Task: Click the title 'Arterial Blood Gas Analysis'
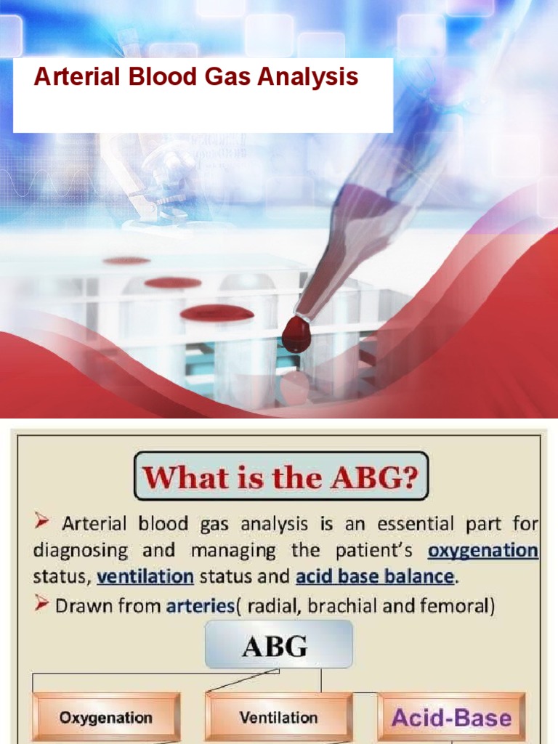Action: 196,77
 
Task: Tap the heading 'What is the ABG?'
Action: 281,478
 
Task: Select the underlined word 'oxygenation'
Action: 483,551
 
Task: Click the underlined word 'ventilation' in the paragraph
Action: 145,578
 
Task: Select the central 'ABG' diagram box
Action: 279,644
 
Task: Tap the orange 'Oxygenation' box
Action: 106,718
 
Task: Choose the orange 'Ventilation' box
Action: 278,718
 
